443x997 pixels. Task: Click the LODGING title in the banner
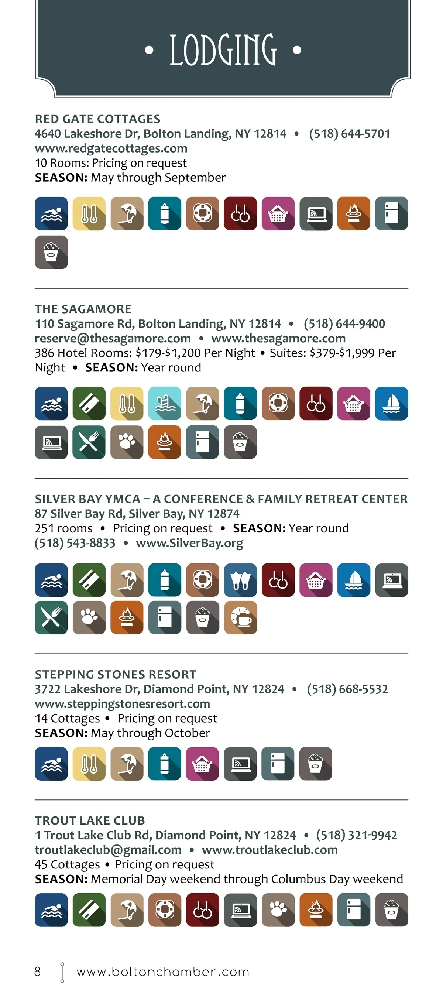click(223, 50)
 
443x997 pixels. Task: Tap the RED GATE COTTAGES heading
click(97, 119)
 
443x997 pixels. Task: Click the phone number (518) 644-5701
click(349, 134)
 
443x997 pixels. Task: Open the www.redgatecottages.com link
click(111, 148)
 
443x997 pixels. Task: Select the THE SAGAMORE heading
click(83, 309)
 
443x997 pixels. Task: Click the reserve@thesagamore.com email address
click(113, 338)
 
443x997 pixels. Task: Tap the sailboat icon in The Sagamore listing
click(391, 403)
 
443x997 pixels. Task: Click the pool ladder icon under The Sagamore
click(164, 403)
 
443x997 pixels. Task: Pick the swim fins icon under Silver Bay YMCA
click(240, 580)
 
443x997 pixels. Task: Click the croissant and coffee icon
click(240, 618)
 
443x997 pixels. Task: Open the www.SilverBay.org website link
click(190, 543)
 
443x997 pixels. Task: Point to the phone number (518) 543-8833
click(75, 543)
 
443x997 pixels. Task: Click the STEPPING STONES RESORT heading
click(116, 674)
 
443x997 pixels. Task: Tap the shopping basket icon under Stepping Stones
click(202, 764)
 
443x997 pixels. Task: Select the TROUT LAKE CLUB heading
click(90, 820)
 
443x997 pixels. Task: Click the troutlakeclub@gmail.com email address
click(108, 850)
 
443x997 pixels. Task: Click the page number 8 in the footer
click(38, 972)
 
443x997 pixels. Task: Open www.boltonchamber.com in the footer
click(163, 972)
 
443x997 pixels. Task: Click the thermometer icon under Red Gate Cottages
click(89, 214)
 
